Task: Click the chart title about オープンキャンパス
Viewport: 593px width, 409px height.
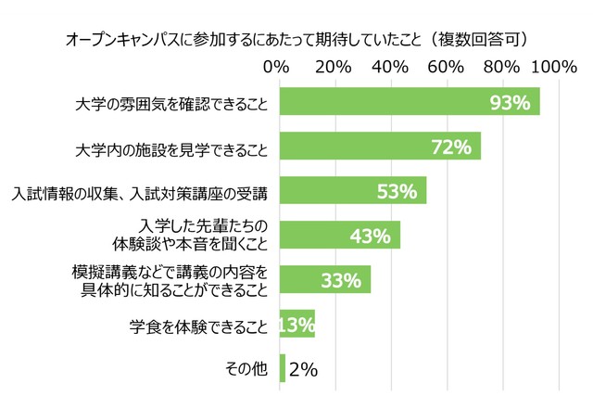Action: [x=296, y=40]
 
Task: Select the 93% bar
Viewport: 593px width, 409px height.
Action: [x=408, y=103]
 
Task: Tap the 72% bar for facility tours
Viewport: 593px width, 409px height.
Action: [x=379, y=147]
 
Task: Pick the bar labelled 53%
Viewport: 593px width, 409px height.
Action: [x=352, y=191]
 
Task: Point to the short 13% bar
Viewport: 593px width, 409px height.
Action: [x=296, y=325]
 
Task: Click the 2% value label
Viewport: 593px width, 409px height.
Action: [x=304, y=369]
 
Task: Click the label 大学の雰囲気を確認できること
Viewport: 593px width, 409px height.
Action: [x=171, y=103]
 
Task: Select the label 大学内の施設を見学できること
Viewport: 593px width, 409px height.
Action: [x=171, y=147]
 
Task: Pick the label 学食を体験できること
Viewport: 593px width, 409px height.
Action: [x=199, y=326]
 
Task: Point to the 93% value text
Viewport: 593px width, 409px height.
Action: [x=511, y=103]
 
